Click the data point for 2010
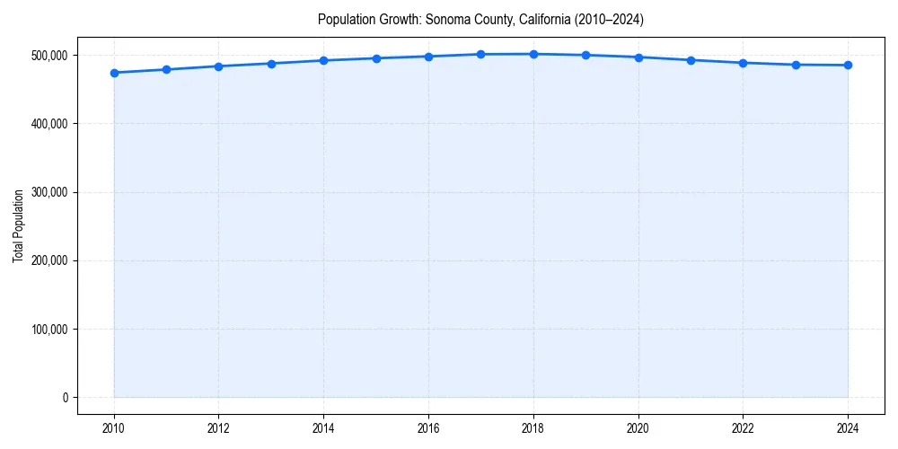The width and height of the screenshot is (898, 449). pyautogui.click(x=114, y=73)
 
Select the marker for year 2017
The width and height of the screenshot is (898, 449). pyautogui.click(x=481, y=55)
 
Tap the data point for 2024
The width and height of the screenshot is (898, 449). pyautogui.click(x=848, y=65)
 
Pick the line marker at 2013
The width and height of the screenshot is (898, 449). pyautogui.click(x=271, y=64)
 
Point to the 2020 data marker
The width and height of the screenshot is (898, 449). pyautogui.click(x=638, y=57)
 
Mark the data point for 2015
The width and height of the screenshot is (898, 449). pyautogui.click(x=376, y=58)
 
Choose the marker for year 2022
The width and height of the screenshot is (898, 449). pyautogui.click(x=743, y=63)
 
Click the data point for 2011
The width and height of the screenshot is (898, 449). pyautogui.click(x=166, y=69)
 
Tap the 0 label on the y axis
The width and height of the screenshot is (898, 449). pyautogui.click(x=66, y=398)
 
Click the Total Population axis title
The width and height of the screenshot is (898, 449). pyautogui.click(x=18, y=225)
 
